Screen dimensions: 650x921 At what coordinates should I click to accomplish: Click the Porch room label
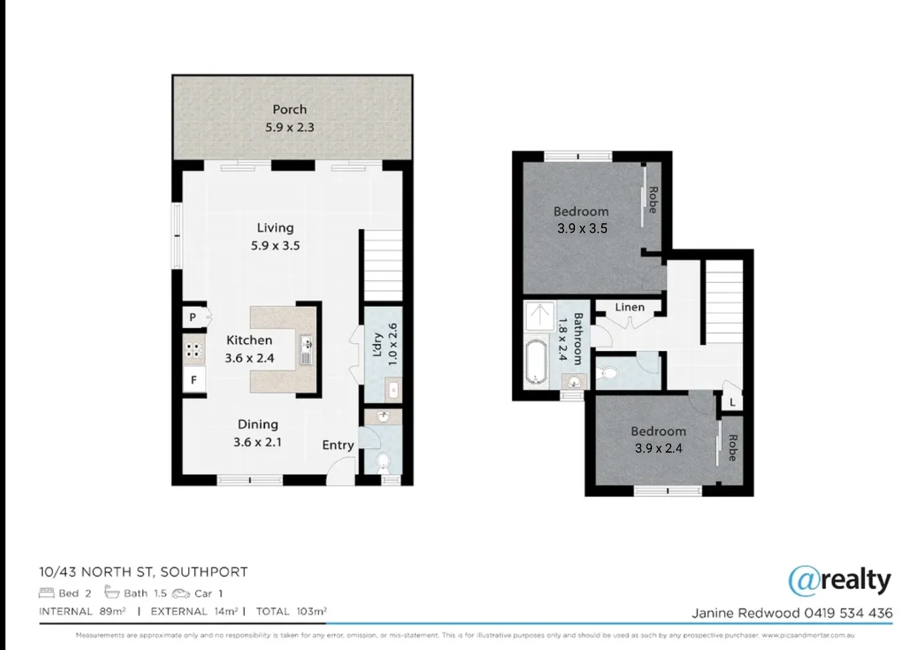pos(290,110)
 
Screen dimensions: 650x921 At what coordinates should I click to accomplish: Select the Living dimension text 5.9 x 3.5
pos(275,246)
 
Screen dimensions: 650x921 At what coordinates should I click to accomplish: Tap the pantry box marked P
pos(193,317)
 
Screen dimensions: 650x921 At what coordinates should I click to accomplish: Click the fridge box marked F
pos(194,380)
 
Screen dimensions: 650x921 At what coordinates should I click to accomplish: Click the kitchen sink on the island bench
pos(306,351)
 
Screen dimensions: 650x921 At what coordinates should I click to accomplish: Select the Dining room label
pos(258,424)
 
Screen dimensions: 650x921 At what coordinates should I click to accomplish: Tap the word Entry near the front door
pos(338,445)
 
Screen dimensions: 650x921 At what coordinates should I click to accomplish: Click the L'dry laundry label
pos(378,345)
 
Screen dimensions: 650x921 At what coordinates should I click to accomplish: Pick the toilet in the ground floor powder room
pos(383,462)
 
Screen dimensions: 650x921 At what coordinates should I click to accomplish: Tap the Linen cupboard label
pos(630,307)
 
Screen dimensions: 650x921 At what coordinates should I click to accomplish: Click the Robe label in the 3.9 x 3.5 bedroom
pos(653,200)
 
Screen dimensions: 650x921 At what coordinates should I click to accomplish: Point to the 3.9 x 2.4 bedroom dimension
pos(659,448)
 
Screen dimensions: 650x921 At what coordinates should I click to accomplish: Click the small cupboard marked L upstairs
pos(732,402)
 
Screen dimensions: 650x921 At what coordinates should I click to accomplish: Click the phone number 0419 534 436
pos(849,613)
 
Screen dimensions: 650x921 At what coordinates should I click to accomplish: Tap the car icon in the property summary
pos(181,593)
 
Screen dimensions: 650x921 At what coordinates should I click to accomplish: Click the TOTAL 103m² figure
pos(291,611)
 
